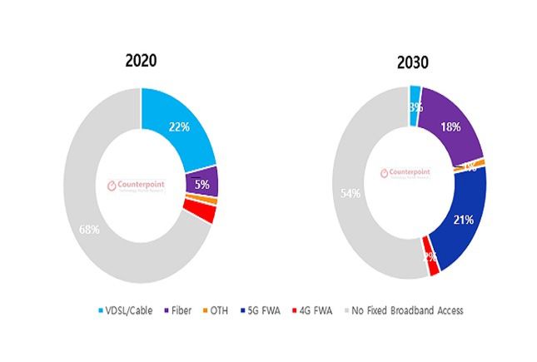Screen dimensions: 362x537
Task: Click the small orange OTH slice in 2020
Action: pos(206,201)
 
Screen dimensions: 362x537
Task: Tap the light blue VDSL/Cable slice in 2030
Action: pos(415,107)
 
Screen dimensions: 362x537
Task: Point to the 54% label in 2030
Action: pos(350,194)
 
